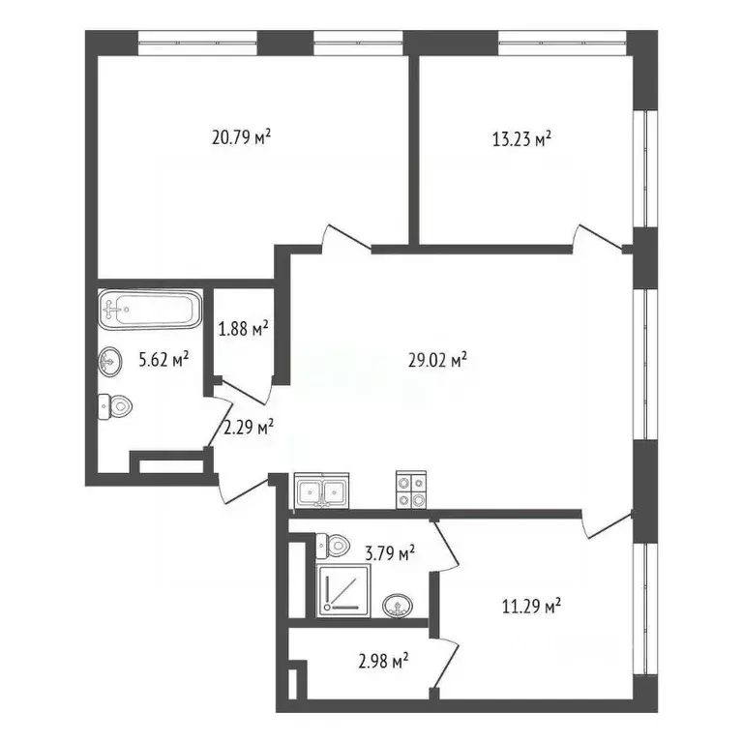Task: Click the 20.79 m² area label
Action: tap(241, 138)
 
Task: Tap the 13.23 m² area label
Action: tap(521, 138)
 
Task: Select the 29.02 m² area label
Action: tap(438, 360)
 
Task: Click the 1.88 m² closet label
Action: tap(243, 330)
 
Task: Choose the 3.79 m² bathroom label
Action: tap(389, 553)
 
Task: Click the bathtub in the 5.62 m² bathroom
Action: tap(149, 311)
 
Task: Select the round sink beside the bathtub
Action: tap(110, 363)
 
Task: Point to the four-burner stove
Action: tap(410, 490)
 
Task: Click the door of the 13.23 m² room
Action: tap(597, 238)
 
